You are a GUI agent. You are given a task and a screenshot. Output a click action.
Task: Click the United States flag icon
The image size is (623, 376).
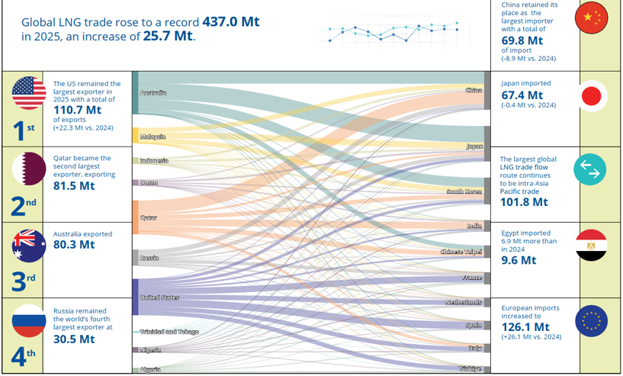tap(29, 92)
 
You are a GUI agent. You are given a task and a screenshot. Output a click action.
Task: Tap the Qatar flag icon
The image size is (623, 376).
tap(29, 169)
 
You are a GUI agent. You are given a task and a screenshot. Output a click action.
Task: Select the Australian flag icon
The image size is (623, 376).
tap(29, 246)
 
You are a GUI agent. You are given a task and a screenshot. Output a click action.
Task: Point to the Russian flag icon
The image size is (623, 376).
tap(29, 321)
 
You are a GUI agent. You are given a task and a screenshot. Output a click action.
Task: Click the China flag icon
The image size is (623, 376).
tap(591, 18)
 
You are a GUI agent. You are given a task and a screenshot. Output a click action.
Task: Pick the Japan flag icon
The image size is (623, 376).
tap(591, 96)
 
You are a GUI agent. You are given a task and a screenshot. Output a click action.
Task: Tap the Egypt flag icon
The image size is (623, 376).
tap(591, 245)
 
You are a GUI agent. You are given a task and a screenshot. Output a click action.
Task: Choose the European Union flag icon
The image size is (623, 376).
tap(591, 321)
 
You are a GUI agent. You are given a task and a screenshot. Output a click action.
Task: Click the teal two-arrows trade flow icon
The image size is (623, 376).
tap(590, 169)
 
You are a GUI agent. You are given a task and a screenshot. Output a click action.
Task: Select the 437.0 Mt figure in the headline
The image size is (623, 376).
tap(231, 21)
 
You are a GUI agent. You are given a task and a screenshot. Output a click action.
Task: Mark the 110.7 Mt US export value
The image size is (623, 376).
tap(78, 110)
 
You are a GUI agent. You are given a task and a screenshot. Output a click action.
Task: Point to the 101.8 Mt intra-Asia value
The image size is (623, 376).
tap(524, 202)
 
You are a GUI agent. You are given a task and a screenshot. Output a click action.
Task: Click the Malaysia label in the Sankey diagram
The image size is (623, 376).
tap(153, 137)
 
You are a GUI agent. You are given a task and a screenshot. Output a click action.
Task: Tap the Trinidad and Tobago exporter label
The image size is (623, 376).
tap(169, 332)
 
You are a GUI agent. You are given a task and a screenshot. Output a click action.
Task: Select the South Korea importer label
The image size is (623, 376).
tap(464, 191)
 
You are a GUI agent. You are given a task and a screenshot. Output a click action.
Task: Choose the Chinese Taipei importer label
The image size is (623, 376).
tap(461, 252)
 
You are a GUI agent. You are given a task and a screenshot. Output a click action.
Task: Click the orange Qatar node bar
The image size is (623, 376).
tap(136, 217)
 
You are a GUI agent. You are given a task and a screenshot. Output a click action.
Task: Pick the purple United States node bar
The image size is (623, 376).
tap(136, 297)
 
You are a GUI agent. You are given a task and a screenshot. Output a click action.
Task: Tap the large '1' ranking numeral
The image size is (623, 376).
tap(18, 130)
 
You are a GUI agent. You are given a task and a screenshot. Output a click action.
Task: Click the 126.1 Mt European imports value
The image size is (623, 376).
tap(525, 327)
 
